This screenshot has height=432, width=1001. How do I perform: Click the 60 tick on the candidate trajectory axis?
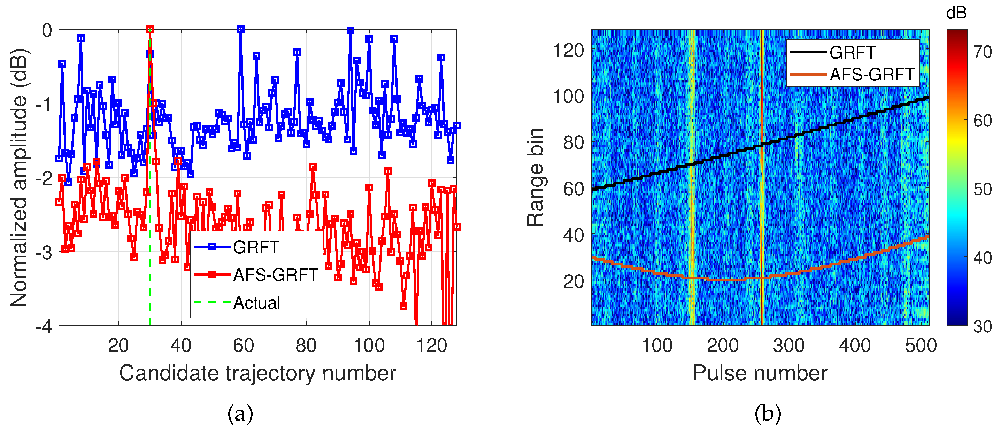[x=243, y=345]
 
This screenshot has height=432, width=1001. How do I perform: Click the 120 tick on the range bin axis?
[x=568, y=51]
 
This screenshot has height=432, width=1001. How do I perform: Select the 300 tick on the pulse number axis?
[x=788, y=345]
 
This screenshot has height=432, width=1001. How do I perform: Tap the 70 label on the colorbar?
[x=982, y=52]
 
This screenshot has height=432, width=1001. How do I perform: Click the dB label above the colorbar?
[x=956, y=13]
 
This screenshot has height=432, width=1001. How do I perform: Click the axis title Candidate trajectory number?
[x=257, y=373]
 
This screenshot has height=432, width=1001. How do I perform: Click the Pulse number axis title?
[x=760, y=373]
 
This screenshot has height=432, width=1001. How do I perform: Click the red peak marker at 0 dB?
[x=149, y=30]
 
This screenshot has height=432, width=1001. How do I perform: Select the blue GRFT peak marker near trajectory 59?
[x=240, y=30]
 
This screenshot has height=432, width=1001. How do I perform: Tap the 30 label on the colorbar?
[x=982, y=326]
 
